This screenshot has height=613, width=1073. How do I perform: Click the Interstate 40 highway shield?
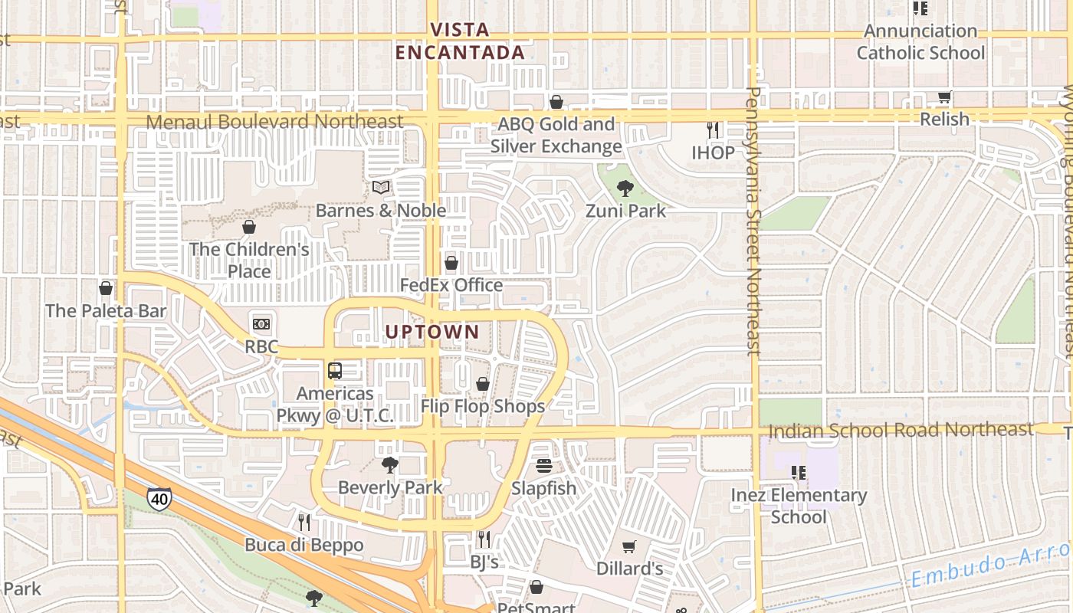159,499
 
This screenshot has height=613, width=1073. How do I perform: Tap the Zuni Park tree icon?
625,188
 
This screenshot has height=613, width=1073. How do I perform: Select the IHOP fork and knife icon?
713,130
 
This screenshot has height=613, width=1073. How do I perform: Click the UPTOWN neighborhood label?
432,332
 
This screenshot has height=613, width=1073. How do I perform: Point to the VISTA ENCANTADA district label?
460,41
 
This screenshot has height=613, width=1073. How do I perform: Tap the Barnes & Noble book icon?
381,187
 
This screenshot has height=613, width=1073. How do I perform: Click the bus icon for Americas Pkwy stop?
335,371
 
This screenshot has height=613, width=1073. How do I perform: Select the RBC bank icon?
261,324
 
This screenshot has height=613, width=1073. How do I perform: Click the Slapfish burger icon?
544,466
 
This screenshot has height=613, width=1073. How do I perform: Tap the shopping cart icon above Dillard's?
629,546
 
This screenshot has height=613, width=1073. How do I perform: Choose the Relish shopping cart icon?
944,97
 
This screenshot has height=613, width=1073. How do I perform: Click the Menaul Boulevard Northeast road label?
274,122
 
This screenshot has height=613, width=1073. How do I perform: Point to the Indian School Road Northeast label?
901,430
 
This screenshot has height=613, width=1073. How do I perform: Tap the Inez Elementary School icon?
799,473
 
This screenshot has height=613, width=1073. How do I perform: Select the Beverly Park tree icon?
390,464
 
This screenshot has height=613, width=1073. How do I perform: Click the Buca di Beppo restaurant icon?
304,523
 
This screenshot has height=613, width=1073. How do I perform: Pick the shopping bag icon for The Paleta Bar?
106,288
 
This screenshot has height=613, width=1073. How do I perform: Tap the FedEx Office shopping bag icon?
451,263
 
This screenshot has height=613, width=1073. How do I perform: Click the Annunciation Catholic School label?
920,42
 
